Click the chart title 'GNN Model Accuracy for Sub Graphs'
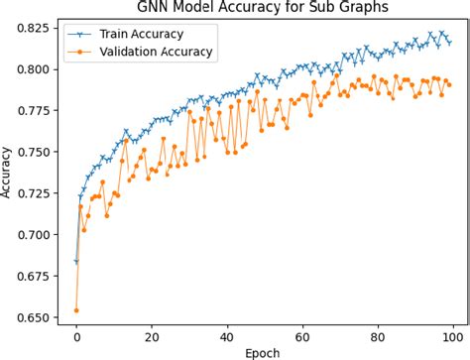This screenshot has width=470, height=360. [x=263, y=8]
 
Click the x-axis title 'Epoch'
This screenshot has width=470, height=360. [x=263, y=351]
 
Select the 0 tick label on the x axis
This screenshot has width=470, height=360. [x=76, y=335]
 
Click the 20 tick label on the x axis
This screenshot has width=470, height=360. [x=152, y=335]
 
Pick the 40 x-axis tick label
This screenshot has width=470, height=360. [x=227, y=335]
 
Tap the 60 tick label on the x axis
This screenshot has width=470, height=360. [x=302, y=335]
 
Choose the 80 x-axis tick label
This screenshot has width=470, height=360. [x=378, y=335]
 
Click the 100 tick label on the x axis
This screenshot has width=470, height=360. [x=453, y=335]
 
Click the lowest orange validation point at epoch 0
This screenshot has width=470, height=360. [x=76, y=310]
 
